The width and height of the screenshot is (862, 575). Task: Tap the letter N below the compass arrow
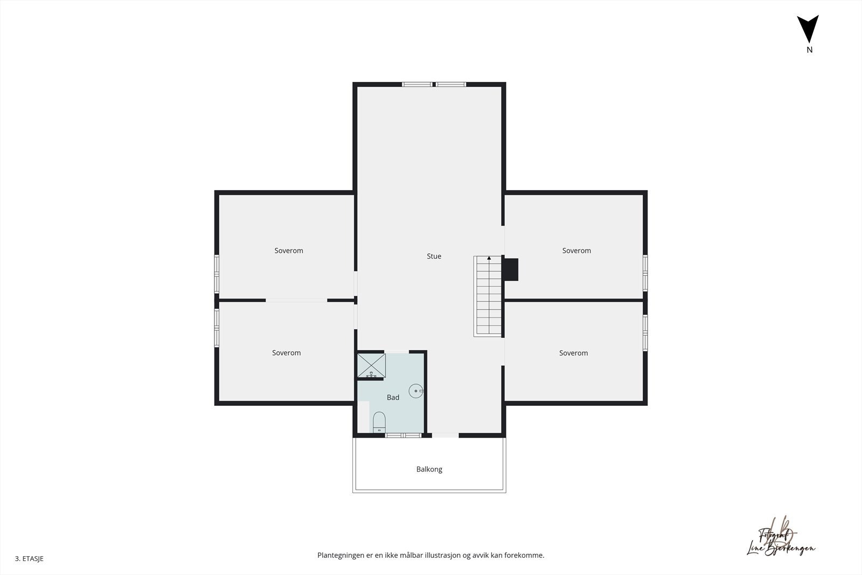(809, 50)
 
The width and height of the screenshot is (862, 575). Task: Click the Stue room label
(434, 257)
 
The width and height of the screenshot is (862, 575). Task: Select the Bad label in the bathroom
(393, 398)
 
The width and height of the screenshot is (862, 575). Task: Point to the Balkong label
(429, 469)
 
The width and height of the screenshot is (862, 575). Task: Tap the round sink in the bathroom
(416, 391)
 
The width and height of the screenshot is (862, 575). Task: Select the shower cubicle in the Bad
(372, 366)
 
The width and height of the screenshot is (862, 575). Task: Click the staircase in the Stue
(488, 296)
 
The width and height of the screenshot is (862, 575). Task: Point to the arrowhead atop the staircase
(489, 258)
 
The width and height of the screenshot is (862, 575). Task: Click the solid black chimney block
(511, 269)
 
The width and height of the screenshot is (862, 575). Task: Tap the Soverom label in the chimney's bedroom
(576, 251)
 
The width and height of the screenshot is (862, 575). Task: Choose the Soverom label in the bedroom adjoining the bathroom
(286, 353)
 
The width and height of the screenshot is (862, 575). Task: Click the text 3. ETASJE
(29, 559)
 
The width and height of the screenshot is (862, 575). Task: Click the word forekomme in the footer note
(523, 555)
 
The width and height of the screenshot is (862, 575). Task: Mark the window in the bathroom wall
(403, 435)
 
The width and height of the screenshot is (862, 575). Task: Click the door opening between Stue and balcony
(446, 435)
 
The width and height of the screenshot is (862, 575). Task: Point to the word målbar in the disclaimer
(411, 555)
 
